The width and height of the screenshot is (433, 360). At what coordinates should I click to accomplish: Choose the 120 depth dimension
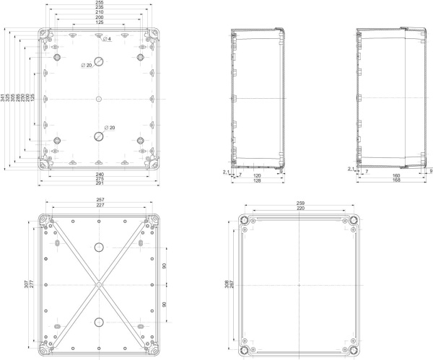point(257,175)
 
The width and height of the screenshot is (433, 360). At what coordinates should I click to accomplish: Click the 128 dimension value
point(257,180)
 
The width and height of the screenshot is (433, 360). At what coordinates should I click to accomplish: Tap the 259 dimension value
point(299,203)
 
